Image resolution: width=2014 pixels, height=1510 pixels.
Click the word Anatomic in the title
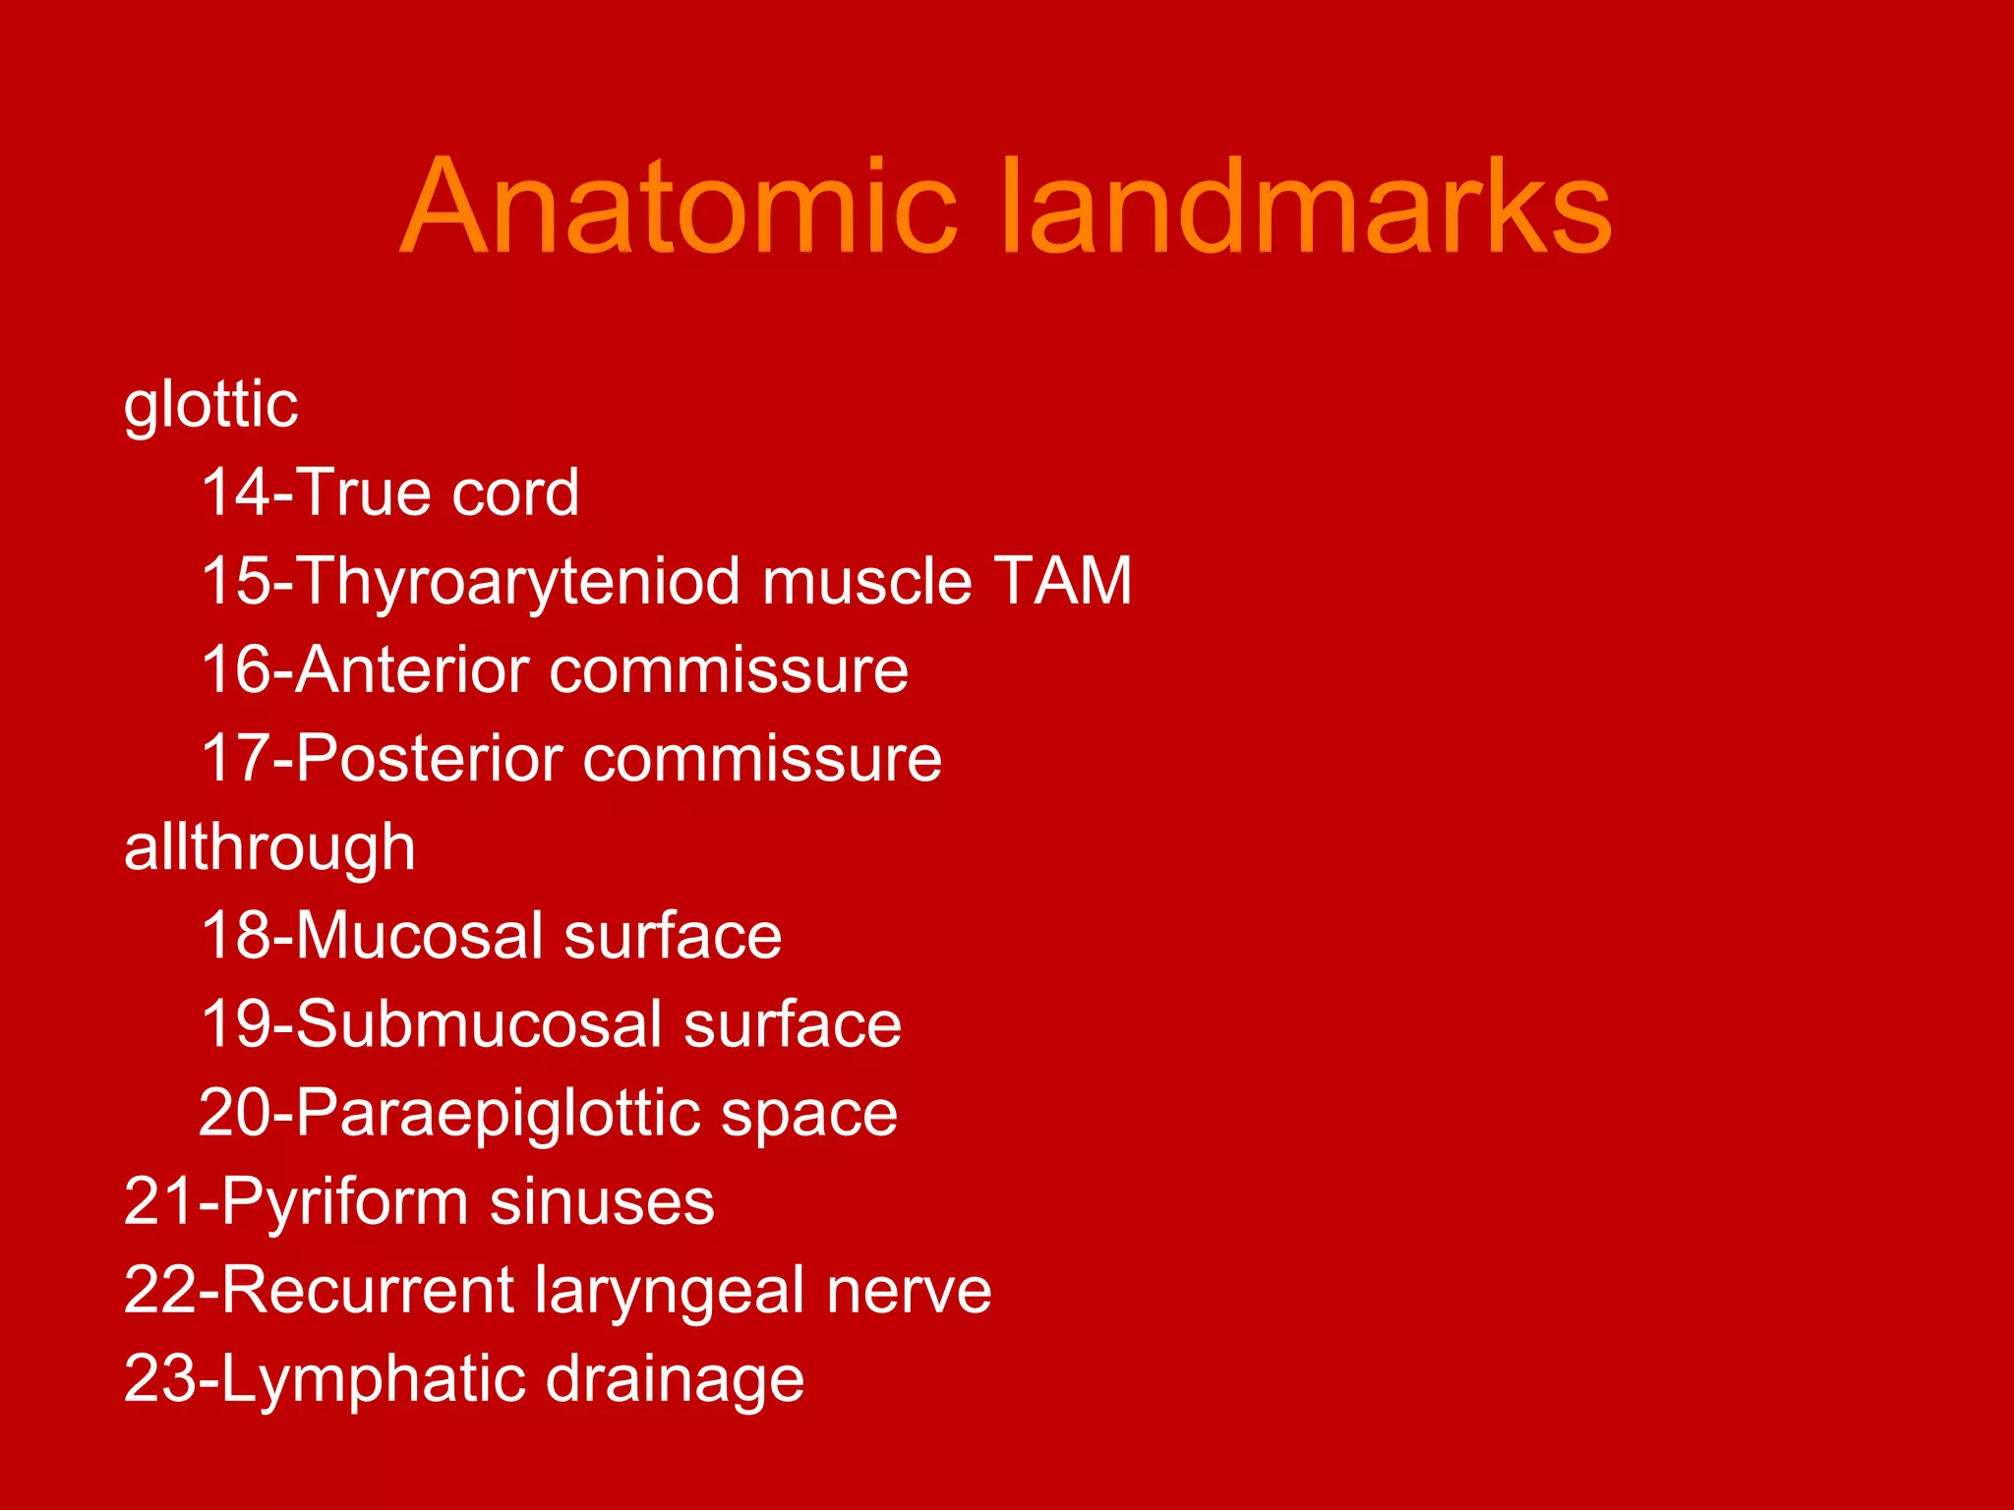[x=679, y=207]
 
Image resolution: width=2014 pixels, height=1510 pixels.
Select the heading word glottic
[x=210, y=405]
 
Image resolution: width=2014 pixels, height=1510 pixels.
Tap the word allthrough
[x=269, y=847]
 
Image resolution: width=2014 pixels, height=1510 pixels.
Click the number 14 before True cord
[x=234, y=493]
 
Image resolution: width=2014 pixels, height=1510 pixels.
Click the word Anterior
[x=412, y=670]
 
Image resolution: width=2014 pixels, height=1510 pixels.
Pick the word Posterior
[x=429, y=759]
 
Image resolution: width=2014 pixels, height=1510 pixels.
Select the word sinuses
[x=602, y=1202]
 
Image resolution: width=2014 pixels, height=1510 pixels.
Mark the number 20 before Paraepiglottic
[x=233, y=1113]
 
